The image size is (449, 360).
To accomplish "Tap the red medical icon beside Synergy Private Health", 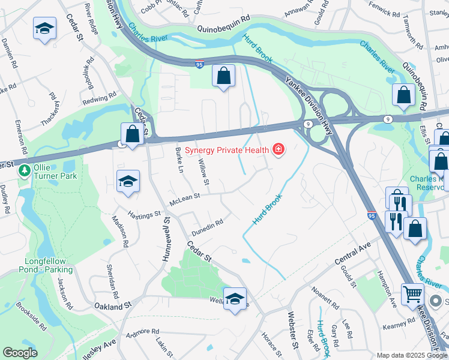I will pos(279,149).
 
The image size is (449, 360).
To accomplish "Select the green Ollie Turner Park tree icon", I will pos(25,172).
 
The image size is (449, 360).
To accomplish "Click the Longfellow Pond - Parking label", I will pos(49,265).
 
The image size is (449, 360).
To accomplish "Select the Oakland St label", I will pos(112,306).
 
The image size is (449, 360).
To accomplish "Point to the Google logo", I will pos(20,353).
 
